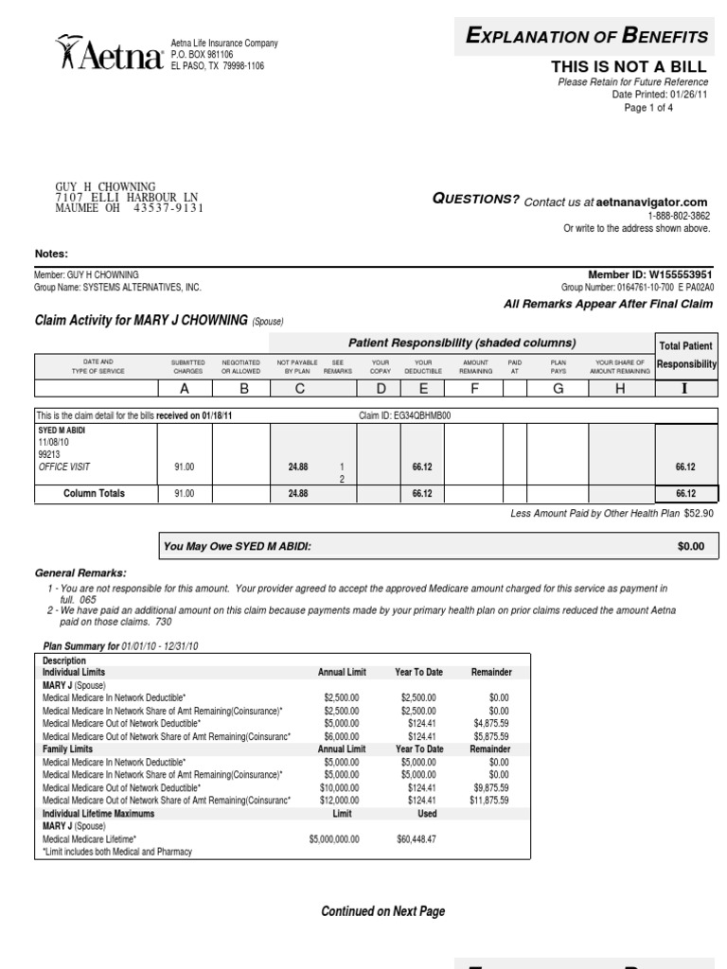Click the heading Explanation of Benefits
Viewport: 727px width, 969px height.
pyautogui.click(x=588, y=37)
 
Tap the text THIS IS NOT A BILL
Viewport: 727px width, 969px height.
pyautogui.click(x=629, y=66)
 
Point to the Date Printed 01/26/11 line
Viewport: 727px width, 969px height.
pyautogui.click(x=659, y=95)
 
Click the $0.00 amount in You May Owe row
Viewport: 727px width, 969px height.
pyautogui.click(x=691, y=546)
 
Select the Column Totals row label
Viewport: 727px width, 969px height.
pyautogui.click(x=94, y=493)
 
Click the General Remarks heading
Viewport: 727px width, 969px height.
pyautogui.click(x=80, y=573)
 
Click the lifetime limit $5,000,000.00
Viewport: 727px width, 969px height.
pyautogui.click(x=333, y=838)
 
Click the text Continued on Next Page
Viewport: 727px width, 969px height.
pyautogui.click(x=382, y=911)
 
